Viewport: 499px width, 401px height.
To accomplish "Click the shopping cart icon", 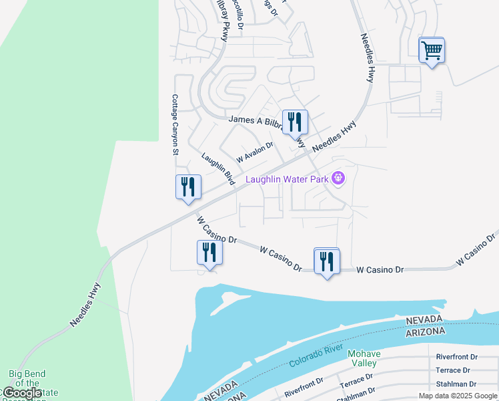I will pos(432,50).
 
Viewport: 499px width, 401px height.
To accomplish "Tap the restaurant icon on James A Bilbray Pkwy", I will pos(294,122).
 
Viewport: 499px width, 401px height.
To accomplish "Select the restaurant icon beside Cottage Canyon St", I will pos(188,186).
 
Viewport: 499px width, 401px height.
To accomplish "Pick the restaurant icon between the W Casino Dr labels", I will pos(326,261).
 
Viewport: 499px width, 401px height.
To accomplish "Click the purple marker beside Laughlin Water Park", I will pos(338,178).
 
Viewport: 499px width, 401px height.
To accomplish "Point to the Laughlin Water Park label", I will pos(288,178).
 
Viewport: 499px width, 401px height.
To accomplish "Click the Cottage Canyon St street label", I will pos(175,124).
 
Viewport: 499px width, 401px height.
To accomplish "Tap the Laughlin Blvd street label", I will pos(218,170).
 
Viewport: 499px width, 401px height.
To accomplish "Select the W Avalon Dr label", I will pos(255,152).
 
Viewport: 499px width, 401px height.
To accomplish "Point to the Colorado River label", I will pos(316,356).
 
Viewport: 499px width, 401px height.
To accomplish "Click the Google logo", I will pos(22,393).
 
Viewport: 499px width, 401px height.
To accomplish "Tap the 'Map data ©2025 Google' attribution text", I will pos(458,396).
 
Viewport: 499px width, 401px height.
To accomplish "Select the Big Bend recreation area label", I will pos(27,384).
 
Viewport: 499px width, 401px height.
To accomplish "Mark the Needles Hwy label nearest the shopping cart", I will pos(367,58).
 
